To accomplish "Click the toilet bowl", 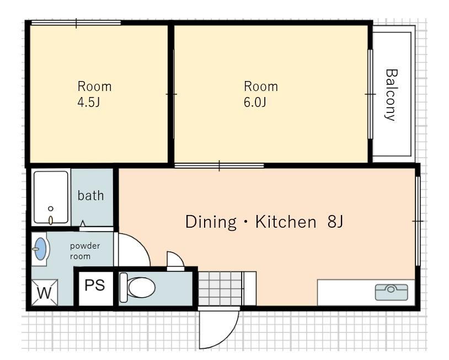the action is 141,287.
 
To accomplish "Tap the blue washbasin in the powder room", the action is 40,249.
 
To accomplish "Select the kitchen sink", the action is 392,292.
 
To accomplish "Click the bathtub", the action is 51,197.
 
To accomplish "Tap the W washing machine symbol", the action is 44,293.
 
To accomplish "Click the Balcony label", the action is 391,95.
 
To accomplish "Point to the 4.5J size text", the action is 89,102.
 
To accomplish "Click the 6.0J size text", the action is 255,102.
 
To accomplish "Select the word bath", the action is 90,196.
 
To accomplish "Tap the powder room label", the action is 85,251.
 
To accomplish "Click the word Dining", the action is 211,222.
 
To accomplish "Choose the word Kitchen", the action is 286,221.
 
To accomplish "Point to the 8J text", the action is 335,221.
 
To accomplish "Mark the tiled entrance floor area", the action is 220,288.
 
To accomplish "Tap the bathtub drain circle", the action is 51,208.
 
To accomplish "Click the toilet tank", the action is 124,287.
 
